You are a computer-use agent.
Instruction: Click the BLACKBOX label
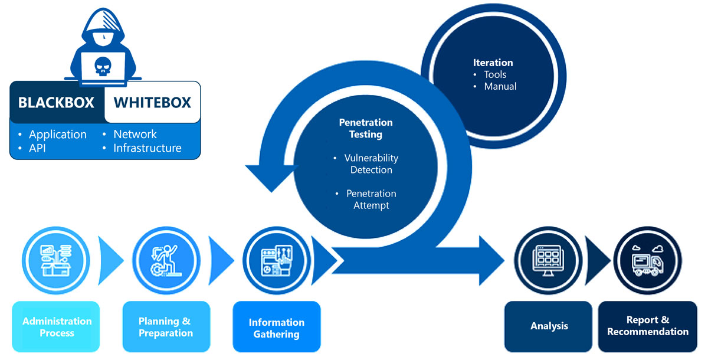click(x=56, y=103)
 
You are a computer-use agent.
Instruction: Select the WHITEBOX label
click(x=152, y=103)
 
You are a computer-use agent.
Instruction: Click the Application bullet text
click(x=57, y=134)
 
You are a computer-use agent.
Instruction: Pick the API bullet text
click(x=38, y=148)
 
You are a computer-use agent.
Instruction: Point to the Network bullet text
click(x=135, y=134)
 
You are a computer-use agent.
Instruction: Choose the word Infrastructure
click(x=147, y=148)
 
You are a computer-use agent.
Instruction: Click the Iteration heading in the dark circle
click(x=493, y=63)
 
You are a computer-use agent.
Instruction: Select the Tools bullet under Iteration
click(x=495, y=74)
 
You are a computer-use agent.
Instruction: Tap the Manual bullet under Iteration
click(x=500, y=86)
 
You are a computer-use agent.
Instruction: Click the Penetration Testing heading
click(x=365, y=128)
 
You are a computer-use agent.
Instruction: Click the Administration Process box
click(x=57, y=327)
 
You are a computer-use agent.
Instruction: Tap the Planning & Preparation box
click(x=166, y=327)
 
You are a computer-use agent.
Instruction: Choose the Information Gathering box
click(x=276, y=328)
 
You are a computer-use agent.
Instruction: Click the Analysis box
click(x=549, y=326)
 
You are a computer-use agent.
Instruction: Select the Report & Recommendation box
click(x=647, y=326)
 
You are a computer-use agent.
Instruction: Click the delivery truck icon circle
click(x=647, y=260)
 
